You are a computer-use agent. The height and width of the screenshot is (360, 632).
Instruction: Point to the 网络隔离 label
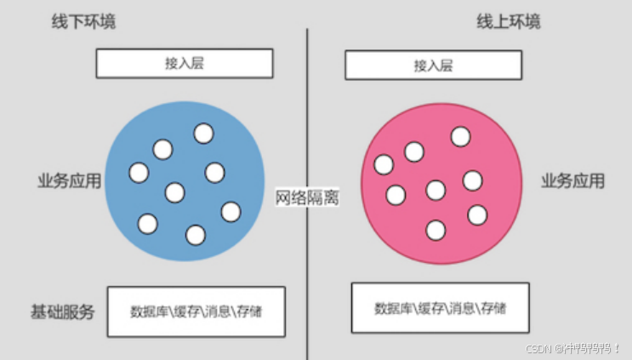[x=307, y=197]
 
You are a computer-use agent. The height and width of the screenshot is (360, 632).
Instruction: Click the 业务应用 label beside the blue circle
[x=69, y=180]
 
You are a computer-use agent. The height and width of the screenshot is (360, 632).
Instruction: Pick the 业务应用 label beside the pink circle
[x=573, y=180]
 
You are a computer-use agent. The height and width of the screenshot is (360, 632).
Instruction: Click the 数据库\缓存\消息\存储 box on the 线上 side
[x=440, y=307]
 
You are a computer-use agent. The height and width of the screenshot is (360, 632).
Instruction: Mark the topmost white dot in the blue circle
[x=203, y=134]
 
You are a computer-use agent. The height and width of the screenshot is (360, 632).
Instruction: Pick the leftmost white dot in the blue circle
[x=139, y=173]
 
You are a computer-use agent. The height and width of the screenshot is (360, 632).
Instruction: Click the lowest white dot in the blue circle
[x=196, y=234]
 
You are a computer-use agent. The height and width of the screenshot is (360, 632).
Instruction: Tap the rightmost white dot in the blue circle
[x=231, y=211]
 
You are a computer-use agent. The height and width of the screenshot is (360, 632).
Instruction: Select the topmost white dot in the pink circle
[x=460, y=136]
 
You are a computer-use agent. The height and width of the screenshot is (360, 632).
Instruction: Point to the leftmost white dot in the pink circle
[x=384, y=164]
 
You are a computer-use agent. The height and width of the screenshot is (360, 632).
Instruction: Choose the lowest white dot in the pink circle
[x=436, y=230]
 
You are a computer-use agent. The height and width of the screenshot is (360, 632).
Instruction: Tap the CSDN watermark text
[x=572, y=348]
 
